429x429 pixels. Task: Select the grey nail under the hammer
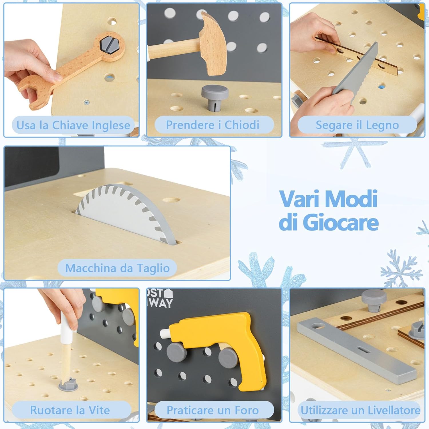point(215,97)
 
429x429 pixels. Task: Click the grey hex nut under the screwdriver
point(68,384)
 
